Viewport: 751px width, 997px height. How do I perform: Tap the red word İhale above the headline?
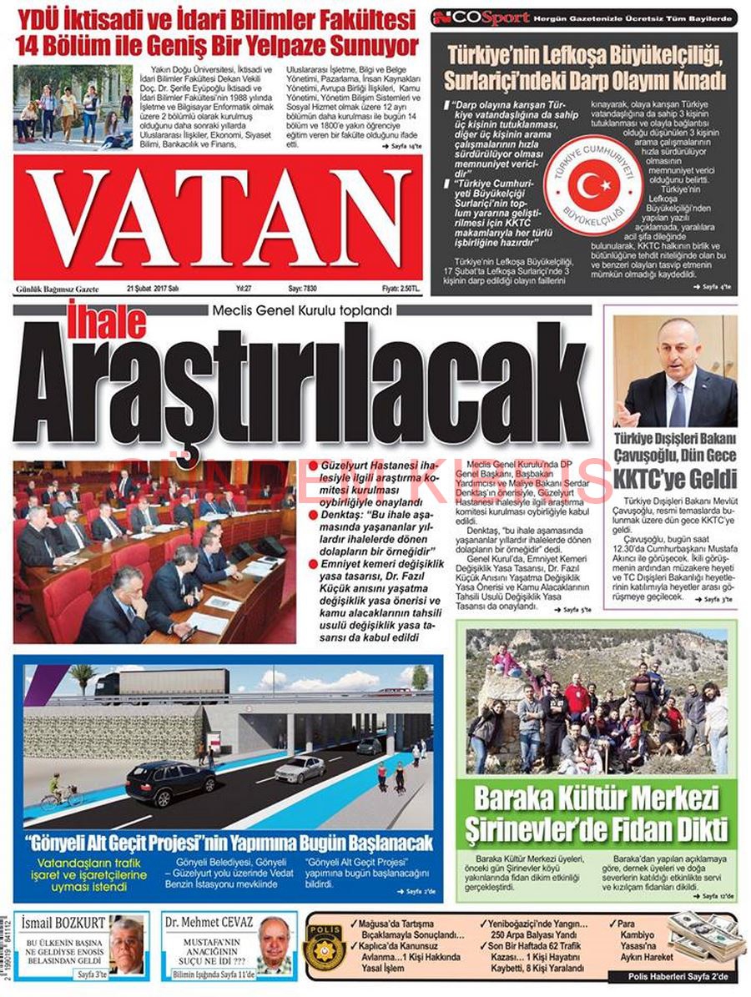tap(93, 324)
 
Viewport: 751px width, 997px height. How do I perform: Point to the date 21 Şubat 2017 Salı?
tap(153, 289)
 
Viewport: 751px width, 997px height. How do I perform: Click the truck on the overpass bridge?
tap(163, 683)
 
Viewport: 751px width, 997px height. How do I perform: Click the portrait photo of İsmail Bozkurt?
tap(126, 946)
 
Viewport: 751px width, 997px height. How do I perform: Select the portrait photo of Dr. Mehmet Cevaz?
tap(273, 946)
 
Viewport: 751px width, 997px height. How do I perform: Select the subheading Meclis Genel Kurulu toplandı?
tap(302, 311)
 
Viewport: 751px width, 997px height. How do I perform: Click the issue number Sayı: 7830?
tap(305, 289)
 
